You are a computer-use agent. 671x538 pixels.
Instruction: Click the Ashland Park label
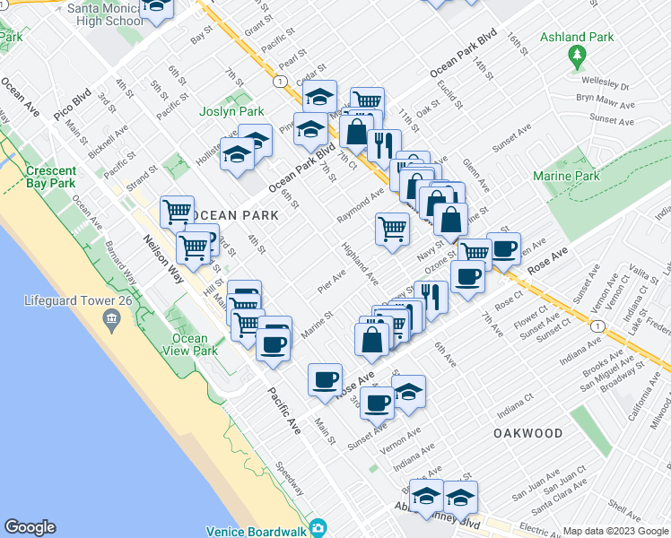click(x=577, y=38)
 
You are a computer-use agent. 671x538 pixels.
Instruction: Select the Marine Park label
click(x=566, y=177)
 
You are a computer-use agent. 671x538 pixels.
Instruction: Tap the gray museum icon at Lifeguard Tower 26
click(x=111, y=318)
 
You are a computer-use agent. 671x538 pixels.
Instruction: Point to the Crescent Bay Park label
click(x=50, y=177)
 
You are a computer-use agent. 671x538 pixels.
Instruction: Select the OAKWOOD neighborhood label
click(x=527, y=433)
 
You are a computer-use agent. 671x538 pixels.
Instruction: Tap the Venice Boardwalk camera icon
click(x=317, y=528)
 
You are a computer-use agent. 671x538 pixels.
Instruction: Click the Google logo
click(x=30, y=527)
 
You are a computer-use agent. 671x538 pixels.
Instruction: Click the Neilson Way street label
click(x=163, y=260)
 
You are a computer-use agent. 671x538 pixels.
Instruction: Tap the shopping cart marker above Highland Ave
click(x=392, y=229)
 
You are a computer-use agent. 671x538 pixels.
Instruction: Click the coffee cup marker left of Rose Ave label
click(x=324, y=379)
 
